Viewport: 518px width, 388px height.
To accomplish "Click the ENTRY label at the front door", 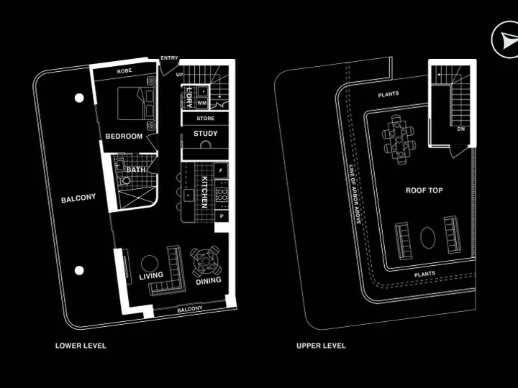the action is coord(169,58).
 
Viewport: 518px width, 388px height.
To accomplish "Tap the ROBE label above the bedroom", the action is coord(124,71).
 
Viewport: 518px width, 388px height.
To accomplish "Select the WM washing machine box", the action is coord(202,103).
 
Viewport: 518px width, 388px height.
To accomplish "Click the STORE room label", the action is coord(206,119).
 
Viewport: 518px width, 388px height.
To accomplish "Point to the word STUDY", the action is coord(206,134).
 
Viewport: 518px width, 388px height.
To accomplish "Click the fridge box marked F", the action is coord(221,170).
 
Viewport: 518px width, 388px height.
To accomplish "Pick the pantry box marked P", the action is coord(222,216).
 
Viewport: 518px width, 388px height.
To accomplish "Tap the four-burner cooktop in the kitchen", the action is coord(222,194).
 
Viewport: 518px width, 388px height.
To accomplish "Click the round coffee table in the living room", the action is coord(150,264).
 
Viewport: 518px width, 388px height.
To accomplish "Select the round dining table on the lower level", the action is coord(206,262).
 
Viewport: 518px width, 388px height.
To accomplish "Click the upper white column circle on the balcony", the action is coord(79,98).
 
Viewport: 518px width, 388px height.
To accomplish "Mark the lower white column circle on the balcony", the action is coord(79,271).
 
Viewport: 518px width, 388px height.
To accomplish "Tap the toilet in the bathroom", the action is coord(124,181).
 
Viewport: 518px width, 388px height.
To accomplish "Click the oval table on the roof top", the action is coord(428,238).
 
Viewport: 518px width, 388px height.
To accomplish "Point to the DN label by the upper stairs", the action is coord(461,129).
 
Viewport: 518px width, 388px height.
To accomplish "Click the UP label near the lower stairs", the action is coord(179,75).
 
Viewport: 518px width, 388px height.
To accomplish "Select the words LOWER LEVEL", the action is coord(81,346).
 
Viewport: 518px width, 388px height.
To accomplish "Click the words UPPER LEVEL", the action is coord(321,346).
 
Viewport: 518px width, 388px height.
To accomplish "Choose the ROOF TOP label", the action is coord(424,190).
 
